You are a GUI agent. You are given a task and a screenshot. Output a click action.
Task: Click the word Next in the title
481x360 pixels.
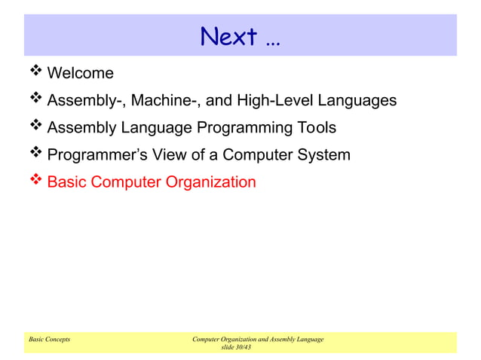[227, 35]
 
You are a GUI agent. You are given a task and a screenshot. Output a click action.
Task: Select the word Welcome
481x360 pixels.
[80, 73]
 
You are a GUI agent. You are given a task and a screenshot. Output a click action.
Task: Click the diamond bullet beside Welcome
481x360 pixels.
[35, 72]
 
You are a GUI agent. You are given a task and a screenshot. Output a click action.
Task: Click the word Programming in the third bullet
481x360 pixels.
[244, 127]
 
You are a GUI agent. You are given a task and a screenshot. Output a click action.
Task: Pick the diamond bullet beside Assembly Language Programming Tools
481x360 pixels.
[35, 127]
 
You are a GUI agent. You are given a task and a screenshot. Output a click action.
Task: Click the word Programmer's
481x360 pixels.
[93, 155]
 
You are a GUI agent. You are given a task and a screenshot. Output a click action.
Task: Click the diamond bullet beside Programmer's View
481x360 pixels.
[35, 154]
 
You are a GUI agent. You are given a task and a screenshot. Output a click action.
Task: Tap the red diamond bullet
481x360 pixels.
[35, 181]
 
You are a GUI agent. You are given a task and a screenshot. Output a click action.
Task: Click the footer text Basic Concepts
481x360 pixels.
[49, 340]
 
